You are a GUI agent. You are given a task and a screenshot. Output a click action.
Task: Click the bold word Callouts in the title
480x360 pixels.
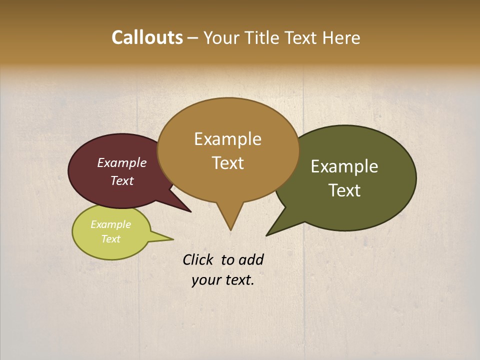coord(147,37)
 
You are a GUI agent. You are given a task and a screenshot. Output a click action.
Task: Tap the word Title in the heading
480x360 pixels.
coord(261,38)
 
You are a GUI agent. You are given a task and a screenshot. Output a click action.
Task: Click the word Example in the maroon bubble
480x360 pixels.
coord(122,162)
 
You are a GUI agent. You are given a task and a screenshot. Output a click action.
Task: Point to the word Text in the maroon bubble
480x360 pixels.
coord(122,180)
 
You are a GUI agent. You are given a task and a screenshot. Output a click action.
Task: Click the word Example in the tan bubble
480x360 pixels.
coord(227,139)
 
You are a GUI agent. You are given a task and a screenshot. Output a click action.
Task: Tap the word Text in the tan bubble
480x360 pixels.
coord(228,163)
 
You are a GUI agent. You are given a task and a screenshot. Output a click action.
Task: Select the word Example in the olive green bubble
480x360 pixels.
coord(344,166)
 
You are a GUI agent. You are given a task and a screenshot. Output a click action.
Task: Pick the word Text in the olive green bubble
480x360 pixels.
coord(344,190)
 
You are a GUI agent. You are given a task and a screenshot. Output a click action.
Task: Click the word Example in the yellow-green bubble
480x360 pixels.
coord(111,224)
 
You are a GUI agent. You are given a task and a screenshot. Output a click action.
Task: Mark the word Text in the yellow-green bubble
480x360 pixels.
coord(111,239)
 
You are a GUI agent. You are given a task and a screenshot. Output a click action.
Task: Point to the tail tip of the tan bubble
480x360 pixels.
coord(230,229)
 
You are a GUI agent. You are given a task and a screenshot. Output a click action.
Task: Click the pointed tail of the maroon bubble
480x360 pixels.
coord(189,210)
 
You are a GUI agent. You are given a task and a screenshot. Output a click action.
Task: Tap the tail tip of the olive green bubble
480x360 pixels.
coord(268,234)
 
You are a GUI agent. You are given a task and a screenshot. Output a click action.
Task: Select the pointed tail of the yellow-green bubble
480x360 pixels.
coord(171,239)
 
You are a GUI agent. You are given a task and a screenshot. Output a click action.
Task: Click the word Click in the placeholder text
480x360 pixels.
coord(197,259)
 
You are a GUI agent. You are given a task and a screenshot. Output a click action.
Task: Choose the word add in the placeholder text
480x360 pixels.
coord(251,259)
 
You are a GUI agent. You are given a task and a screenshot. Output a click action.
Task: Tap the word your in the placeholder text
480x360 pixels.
coord(205,280)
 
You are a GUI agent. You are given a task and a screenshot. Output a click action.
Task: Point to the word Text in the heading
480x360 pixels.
coord(303,38)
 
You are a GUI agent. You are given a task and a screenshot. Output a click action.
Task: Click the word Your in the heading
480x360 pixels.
coord(220,38)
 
